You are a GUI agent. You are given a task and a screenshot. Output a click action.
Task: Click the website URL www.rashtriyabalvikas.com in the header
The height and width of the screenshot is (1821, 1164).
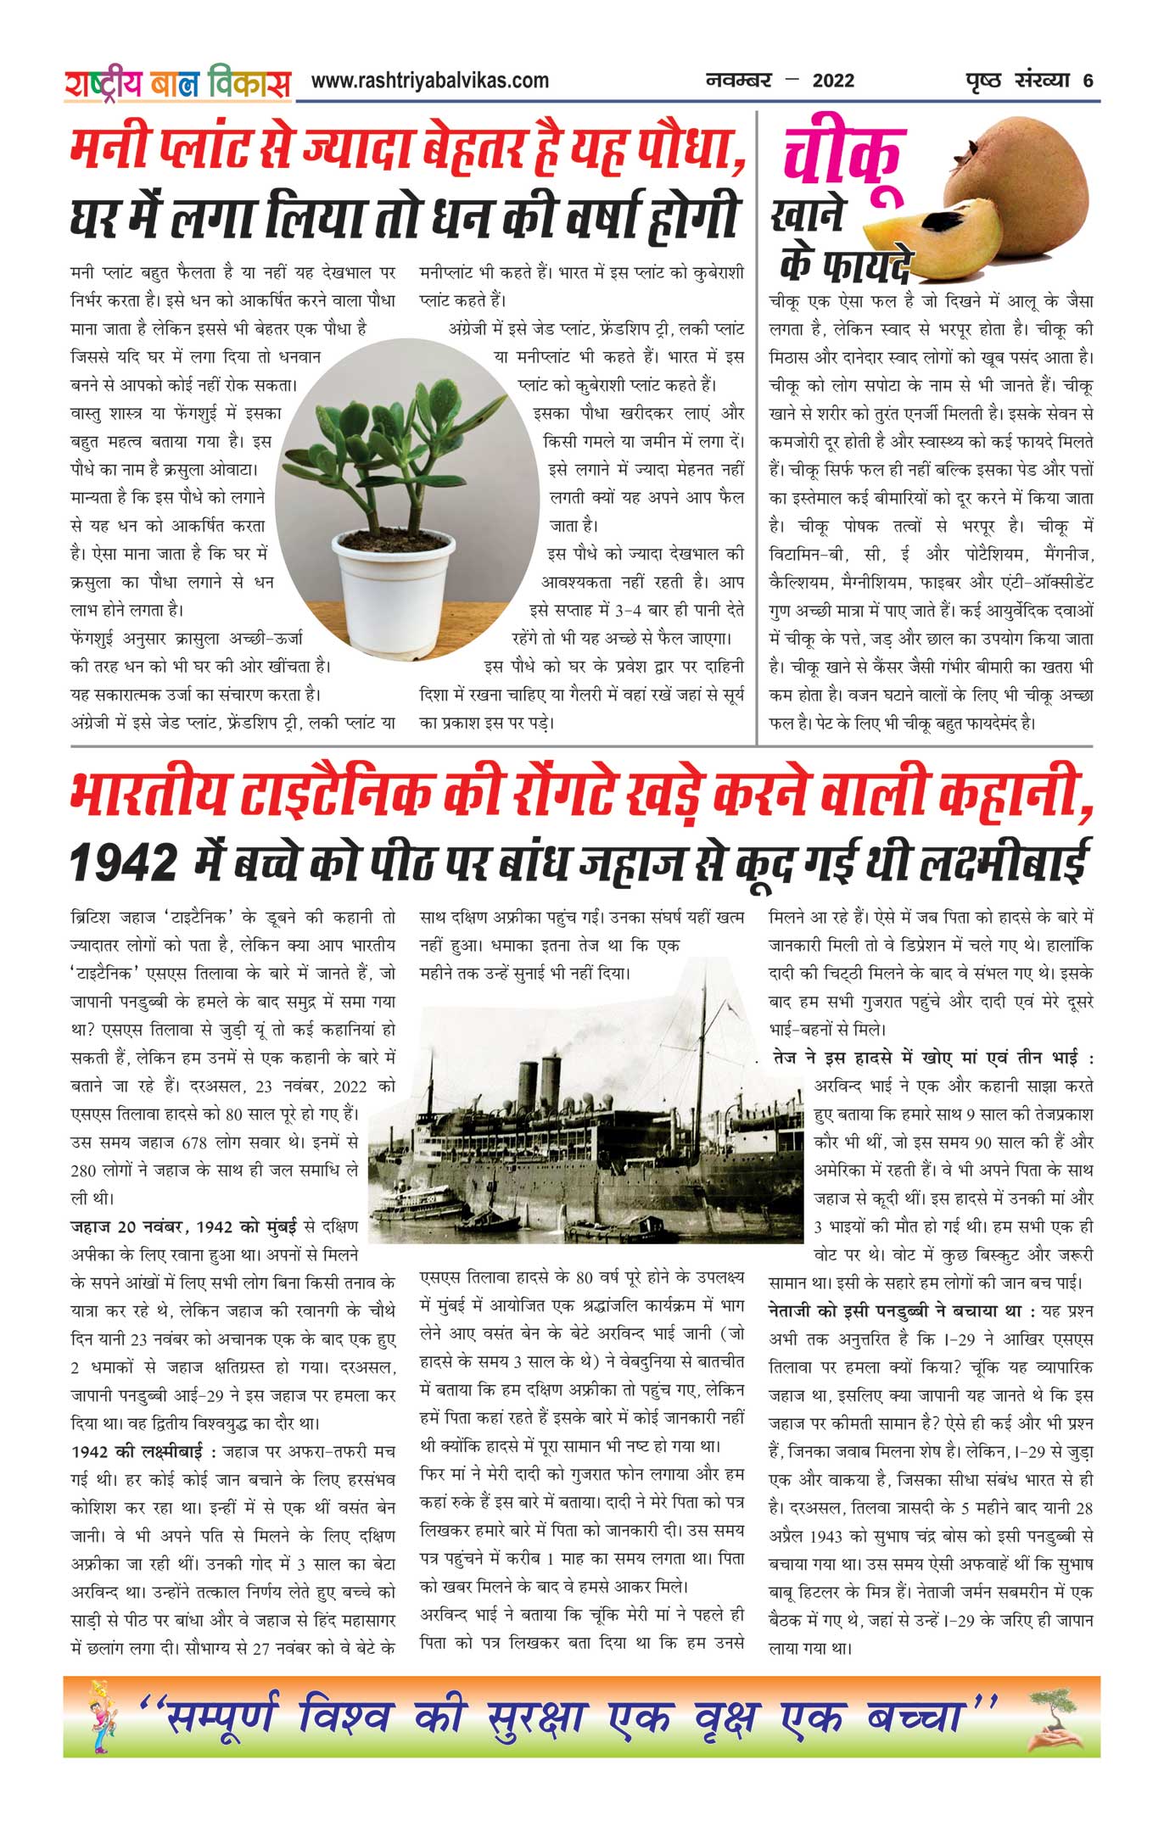click(429, 81)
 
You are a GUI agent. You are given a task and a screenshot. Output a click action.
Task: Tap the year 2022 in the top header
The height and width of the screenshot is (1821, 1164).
click(833, 81)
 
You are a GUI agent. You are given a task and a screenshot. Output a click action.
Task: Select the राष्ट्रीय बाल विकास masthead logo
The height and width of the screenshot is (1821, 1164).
click(177, 84)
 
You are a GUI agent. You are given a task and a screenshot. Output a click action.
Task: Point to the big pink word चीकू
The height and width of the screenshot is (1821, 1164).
click(842, 162)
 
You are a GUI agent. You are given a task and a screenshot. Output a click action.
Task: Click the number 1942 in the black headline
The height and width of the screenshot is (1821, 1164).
click(122, 863)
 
